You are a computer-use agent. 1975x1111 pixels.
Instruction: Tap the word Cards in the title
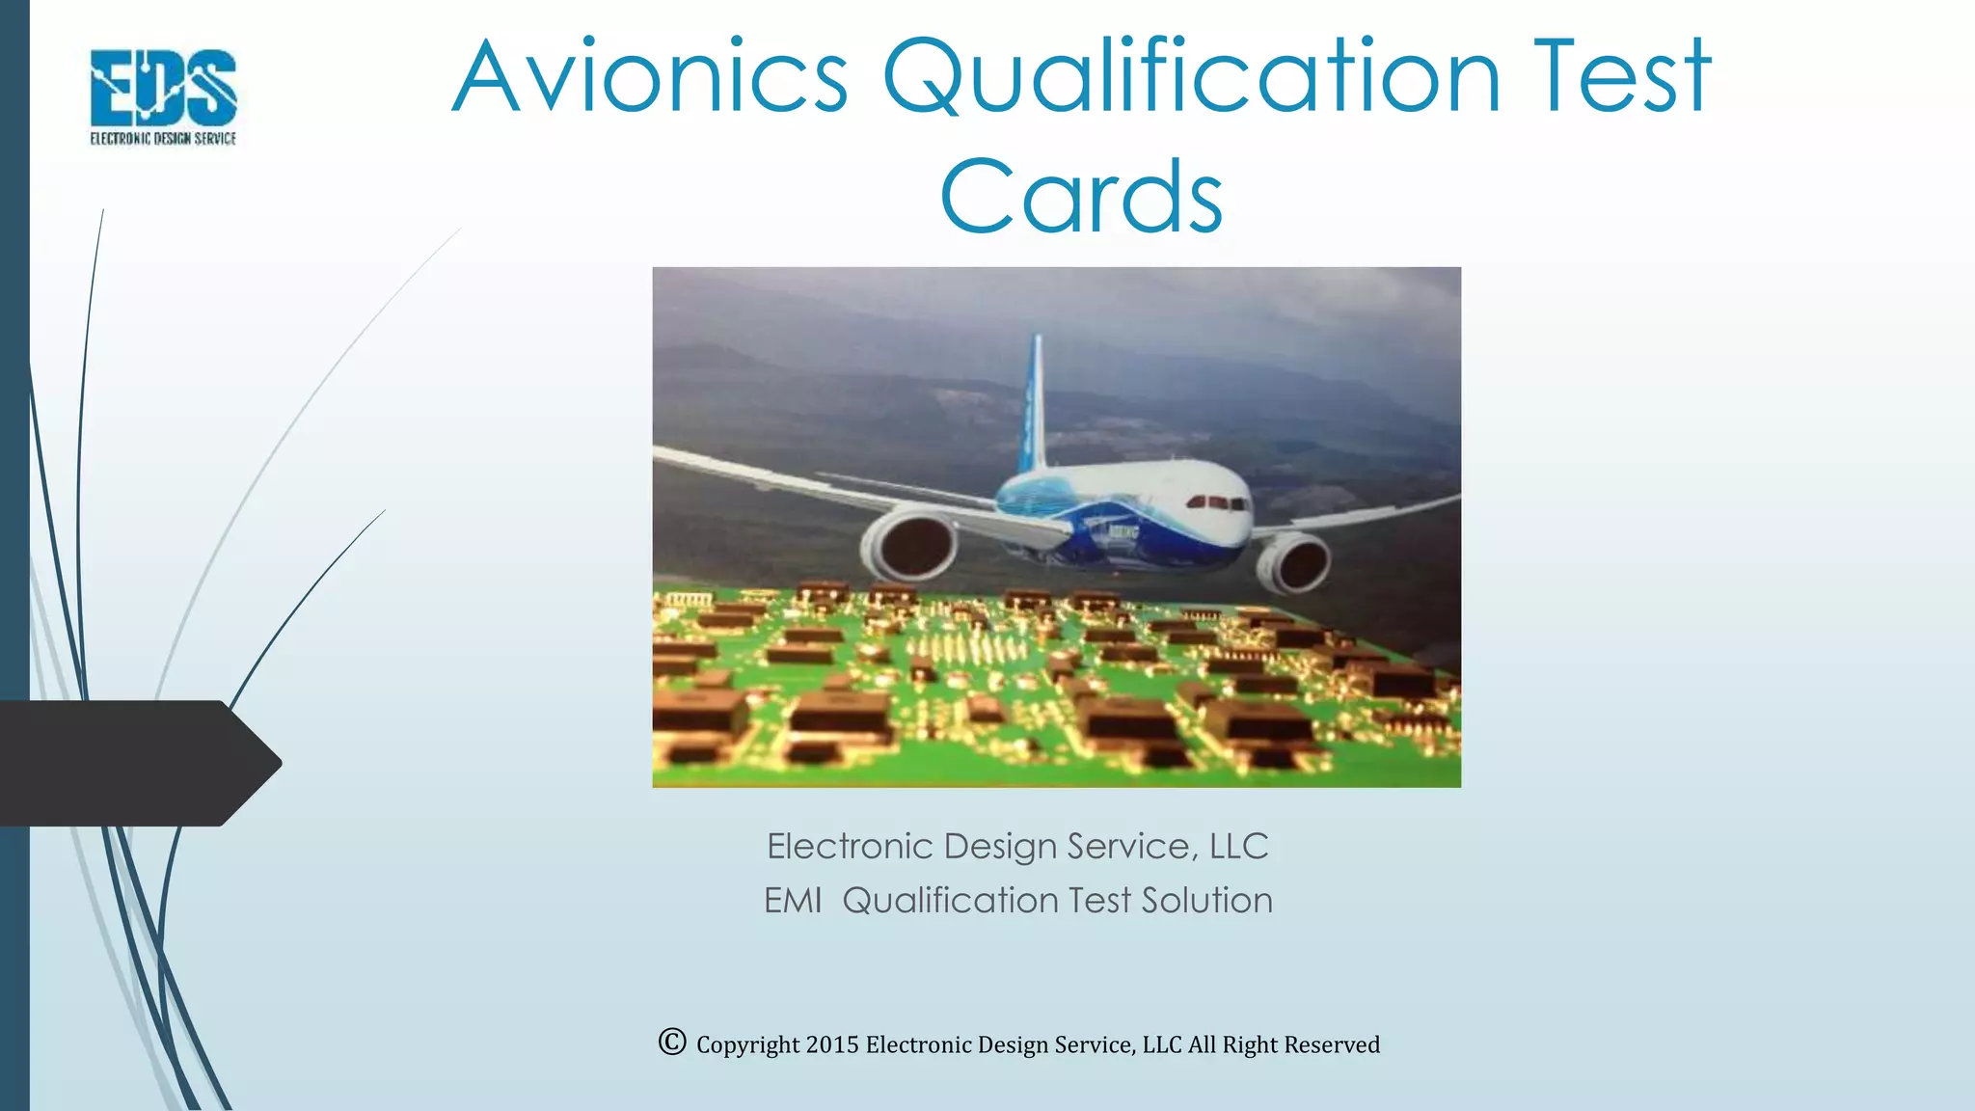(x=1081, y=198)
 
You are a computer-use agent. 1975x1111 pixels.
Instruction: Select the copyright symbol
(x=672, y=1043)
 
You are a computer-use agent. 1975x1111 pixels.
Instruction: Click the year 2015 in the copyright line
(x=831, y=1045)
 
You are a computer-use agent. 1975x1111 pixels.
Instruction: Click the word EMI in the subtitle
(x=793, y=901)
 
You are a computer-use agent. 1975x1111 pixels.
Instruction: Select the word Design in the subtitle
(x=1000, y=847)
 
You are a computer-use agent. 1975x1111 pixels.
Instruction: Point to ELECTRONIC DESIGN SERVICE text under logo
(x=163, y=139)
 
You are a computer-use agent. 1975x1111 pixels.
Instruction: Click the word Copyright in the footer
(x=748, y=1045)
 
